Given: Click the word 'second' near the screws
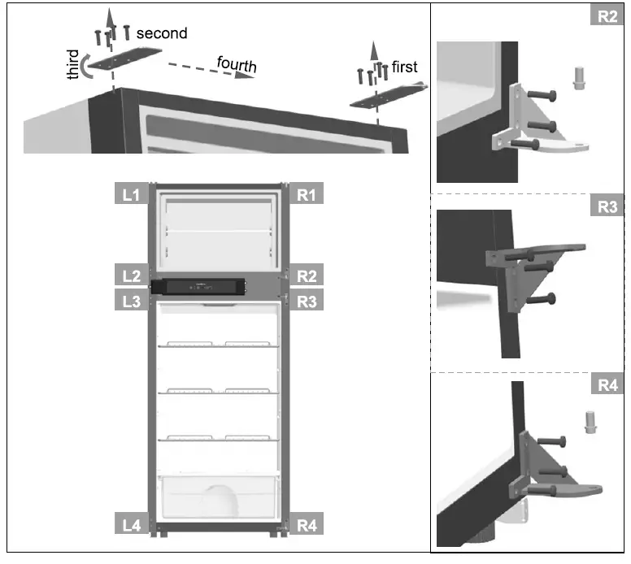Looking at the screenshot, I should [161, 33].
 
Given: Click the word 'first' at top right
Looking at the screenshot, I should [404, 67].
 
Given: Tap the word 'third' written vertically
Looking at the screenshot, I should [75, 65].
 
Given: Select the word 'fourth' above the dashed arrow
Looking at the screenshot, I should [236, 63].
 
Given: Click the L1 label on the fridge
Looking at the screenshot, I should [130, 195].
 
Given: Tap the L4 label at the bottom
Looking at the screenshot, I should [131, 526].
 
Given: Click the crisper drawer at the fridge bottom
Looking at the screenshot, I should [217, 497].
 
